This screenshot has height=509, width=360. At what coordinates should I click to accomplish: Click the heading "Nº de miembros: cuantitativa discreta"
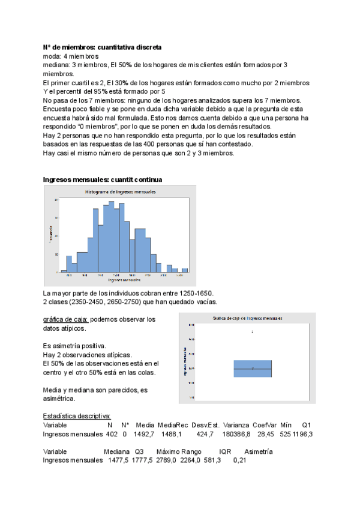(x=102, y=47)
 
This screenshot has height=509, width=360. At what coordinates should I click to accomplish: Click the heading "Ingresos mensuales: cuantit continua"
(x=102, y=179)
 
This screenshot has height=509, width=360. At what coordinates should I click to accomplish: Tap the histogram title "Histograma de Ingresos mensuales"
(x=119, y=191)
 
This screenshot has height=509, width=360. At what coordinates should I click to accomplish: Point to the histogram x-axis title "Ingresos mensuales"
(x=124, y=280)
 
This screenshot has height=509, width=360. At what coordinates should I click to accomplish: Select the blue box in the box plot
(x=253, y=369)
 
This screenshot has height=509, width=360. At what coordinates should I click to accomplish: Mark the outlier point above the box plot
(x=253, y=331)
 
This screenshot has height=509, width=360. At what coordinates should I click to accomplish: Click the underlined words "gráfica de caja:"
(x=66, y=319)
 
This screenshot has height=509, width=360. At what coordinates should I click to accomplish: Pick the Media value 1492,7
(x=145, y=434)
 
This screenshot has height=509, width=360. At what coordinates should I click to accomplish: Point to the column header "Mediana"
(x=116, y=451)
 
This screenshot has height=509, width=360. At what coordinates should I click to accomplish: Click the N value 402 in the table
(x=109, y=434)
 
